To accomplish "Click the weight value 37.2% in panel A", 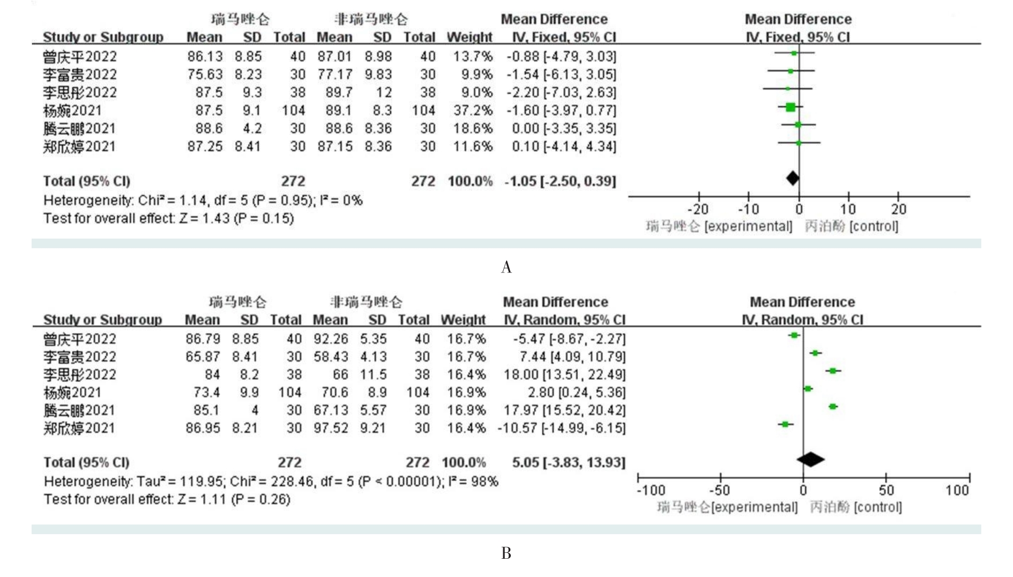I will [473, 110].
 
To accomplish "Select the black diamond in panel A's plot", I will [792, 178].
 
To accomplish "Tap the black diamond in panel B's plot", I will [810, 460].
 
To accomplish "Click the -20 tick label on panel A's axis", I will [698, 209].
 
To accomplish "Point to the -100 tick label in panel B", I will [651, 490].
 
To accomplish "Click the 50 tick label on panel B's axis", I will [886, 490].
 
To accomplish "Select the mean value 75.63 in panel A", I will [205, 75].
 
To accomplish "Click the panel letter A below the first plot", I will [506, 267].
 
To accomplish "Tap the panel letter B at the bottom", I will [506, 553].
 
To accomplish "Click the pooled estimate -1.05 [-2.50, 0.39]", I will [560, 181].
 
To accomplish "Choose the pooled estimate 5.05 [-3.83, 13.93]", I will [568, 462].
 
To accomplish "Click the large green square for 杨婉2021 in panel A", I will [790, 107].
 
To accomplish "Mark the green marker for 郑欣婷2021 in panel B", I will [786, 424].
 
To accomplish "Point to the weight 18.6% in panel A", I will [473, 129].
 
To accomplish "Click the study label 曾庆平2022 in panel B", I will [79, 339].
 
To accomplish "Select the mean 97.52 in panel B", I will [331, 428].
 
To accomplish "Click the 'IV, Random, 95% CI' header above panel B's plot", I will [802, 320].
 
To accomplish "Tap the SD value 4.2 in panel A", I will [252, 129].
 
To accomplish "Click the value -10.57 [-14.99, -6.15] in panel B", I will [561, 428].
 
